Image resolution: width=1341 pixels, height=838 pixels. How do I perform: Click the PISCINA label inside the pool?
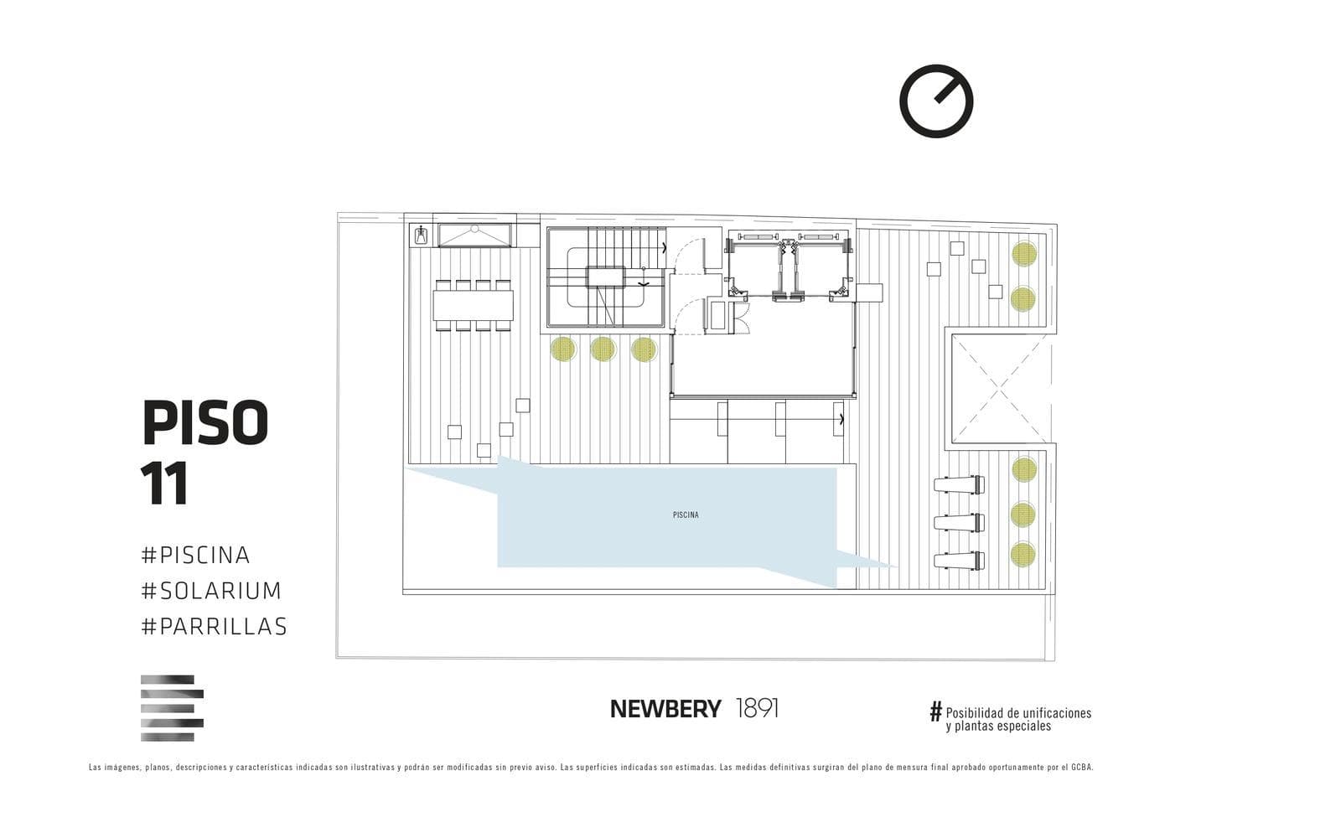click(x=686, y=515)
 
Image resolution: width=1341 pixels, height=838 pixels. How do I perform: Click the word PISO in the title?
click(x=205, y=422)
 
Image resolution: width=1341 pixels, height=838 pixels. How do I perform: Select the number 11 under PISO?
click(x=164, y=484)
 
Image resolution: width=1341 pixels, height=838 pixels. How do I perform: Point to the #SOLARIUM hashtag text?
click(x=210, y=591)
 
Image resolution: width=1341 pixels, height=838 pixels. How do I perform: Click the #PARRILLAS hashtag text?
click(x=215, y=627)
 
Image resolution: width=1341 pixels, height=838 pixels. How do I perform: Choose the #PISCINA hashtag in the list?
click(x=195, y=555)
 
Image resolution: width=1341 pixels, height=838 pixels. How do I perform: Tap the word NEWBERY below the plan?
click(x=665, y=709)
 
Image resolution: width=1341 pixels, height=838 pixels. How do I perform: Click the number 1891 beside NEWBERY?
click(x=757, y=709)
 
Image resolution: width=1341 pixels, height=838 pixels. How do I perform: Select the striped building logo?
click(x=172, y=708)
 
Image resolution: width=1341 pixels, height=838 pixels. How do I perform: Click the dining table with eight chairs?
click(x=473, y=305)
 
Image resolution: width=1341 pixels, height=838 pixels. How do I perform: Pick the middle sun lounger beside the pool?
click(x=959, y=523)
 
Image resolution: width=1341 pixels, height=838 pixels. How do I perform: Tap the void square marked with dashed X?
click(x=999, y=389)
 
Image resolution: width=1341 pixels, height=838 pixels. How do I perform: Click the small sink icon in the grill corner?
click(x=422, y=235)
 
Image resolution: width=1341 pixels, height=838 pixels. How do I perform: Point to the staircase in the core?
click(x=606, y=277)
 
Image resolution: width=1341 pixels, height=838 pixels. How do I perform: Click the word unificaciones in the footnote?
click(x=1057, y=713)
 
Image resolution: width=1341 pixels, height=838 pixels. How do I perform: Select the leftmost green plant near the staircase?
click(x=562, y=349)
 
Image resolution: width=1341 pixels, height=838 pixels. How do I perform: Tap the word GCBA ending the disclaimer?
click(x=1085, y=768)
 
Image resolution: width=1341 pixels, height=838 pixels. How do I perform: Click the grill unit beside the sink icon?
click(x=474, y=235)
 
